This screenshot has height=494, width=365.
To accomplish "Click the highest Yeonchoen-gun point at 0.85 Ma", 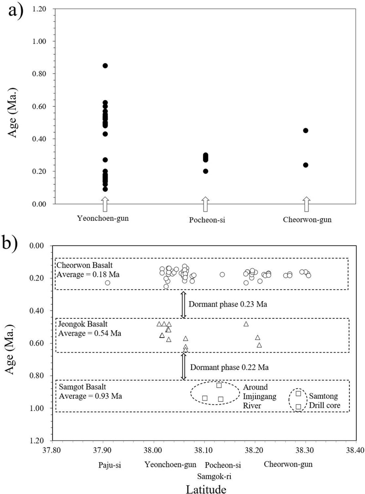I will pos(105,66).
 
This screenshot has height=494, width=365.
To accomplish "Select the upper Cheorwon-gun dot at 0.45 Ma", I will pos(306,130).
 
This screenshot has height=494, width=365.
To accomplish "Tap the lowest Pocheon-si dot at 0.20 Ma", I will pos(205,171).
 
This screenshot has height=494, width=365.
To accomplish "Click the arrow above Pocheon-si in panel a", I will pos(205,204).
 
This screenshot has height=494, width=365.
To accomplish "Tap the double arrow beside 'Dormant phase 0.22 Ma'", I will pos(184,367).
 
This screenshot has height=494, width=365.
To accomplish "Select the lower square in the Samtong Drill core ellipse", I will pos(298,406).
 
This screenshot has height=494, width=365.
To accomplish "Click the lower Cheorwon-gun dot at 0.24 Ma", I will pos(306,165).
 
